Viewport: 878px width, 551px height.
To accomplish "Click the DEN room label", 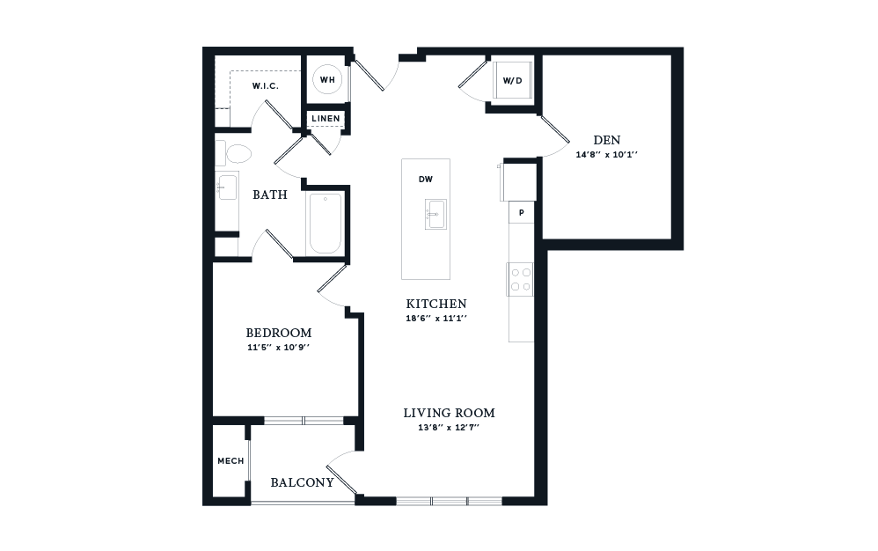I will click(606, 139).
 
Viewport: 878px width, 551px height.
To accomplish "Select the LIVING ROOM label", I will click(449, 412).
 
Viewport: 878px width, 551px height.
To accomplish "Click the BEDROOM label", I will click(278, 333).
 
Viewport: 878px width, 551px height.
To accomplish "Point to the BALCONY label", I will click(302, 482).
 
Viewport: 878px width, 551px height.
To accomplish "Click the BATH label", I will click(269, 195).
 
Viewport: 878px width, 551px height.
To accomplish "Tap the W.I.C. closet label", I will click(265, 85).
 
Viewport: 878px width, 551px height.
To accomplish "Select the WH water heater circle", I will click(327, 80).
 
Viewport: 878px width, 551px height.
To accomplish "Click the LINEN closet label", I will click(326, 118).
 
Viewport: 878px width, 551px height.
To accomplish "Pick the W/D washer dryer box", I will click(512, 81).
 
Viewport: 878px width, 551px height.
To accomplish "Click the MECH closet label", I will click(230, 461).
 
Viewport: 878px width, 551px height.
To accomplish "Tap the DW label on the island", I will click(425, 180).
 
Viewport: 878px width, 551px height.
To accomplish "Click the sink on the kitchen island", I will click(433, 214).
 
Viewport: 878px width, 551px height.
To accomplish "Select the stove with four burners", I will click(520, 279).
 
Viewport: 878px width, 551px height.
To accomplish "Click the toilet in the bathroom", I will click(236, 155).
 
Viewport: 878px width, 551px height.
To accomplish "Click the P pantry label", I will click(521, 213).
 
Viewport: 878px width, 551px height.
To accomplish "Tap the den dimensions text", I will click(606, 154).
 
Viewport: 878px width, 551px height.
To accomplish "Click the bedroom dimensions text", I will click(278, 347).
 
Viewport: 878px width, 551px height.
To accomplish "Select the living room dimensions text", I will click(449, 427).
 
